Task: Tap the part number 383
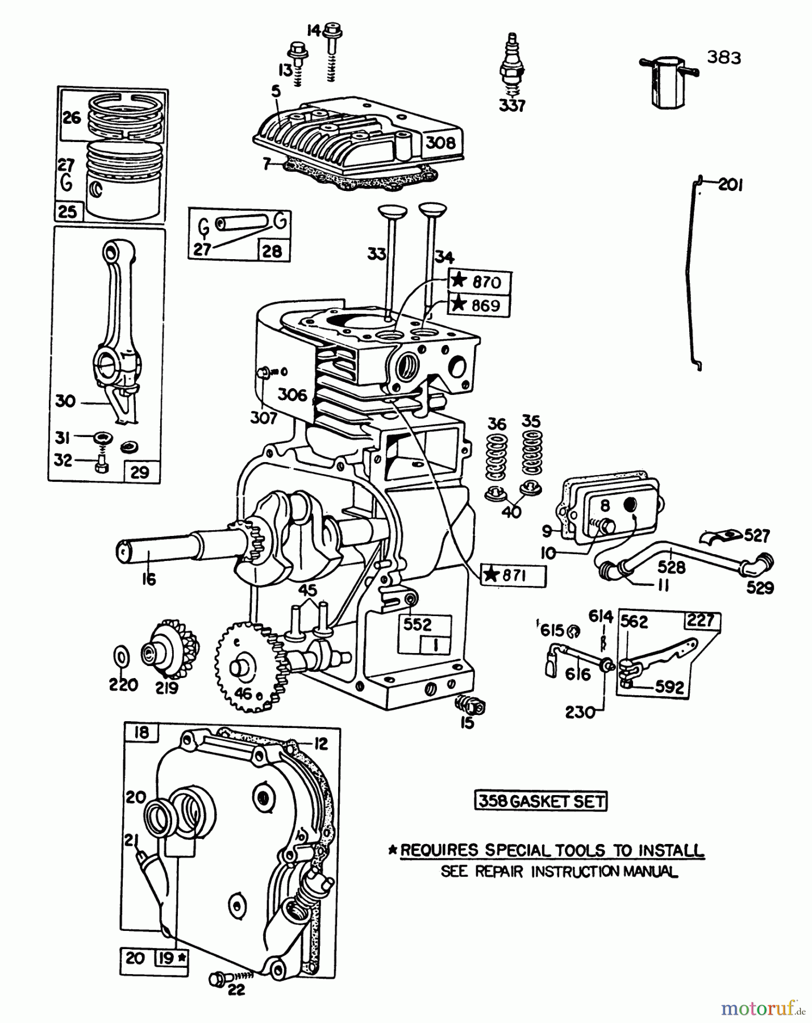[724, 57]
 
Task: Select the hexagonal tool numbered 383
[668, 81]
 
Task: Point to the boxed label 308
[441, 142]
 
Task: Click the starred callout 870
[480, 282]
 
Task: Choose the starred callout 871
[513, 576]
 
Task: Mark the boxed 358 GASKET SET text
[540, 801]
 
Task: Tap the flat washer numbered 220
[120, 657]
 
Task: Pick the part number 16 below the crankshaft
[149, 580]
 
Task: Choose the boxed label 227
[701, 620]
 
